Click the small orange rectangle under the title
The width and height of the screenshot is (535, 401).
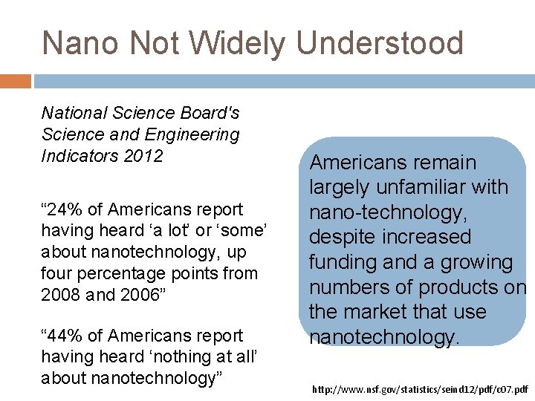coord(15,81)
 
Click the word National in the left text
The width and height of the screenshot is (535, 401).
coord(75,113)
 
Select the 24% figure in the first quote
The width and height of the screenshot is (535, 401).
coord(62,209)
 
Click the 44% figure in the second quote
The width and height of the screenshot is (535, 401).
coord(62,336)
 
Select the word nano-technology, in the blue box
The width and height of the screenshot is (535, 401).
coord(389,212)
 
